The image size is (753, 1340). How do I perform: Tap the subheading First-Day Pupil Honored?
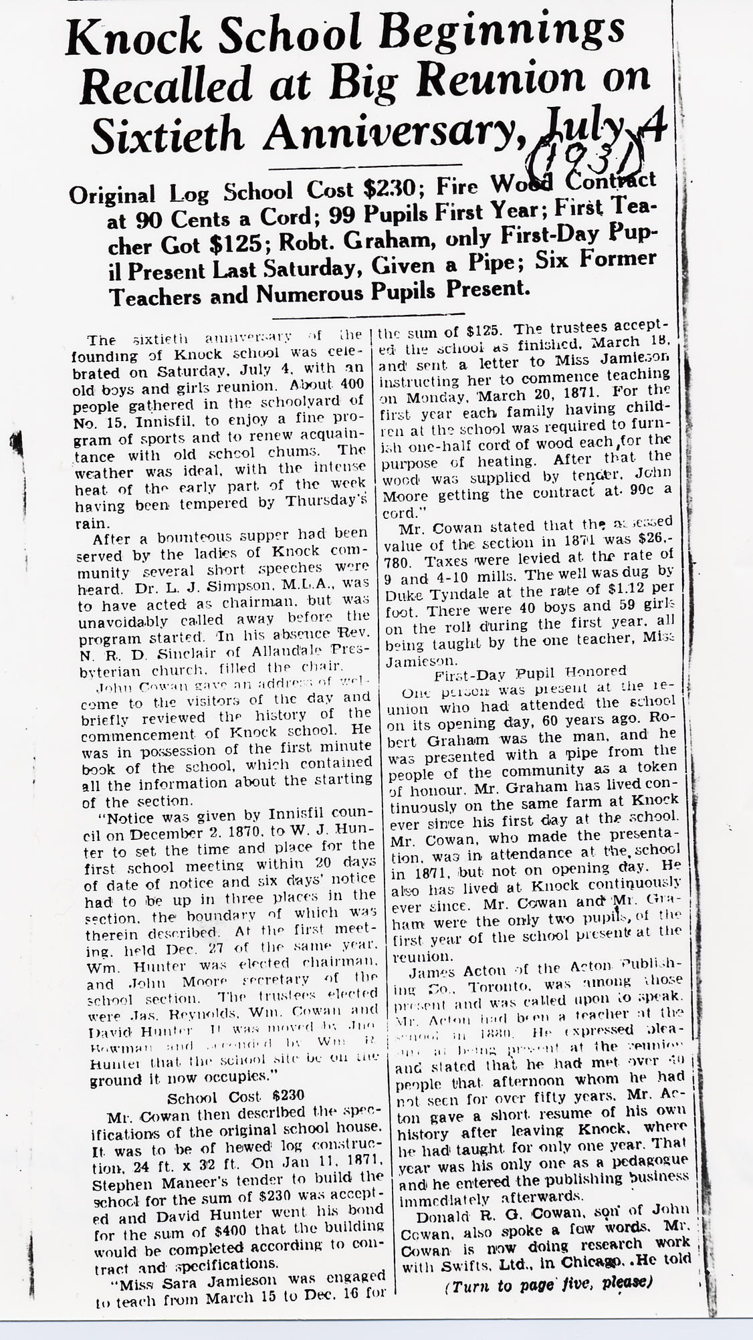530,671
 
